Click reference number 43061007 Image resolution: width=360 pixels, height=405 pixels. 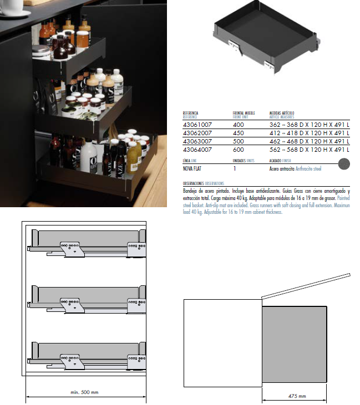click(x=197, y=125)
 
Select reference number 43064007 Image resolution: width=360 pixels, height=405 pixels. click(x=197, y=150)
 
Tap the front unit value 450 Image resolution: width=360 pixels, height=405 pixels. click(x=238, y=133)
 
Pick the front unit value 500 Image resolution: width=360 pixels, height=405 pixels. click(x=238, y=141)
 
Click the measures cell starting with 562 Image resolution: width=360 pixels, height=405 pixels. click(x=310, y=150)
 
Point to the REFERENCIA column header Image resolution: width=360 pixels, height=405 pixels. click(x=191, y=113)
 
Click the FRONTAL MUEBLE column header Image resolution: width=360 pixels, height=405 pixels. click(x=244, y=113)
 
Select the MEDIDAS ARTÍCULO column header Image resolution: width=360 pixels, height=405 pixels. click(x=282, y=113)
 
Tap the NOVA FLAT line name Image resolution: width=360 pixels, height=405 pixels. click(x=192, y=168)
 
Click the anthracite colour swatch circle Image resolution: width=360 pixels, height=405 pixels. click(x=344, y=164)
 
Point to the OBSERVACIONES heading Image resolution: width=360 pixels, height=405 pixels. click(x=193, y=183)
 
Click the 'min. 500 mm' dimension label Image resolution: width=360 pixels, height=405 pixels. click(x=84, y=392)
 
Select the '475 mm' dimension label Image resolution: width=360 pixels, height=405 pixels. click(x=297, y=396)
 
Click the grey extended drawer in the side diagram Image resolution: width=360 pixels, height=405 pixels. click(x=295, y=344)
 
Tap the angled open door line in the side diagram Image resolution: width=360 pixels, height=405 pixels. click(x=306, y=286)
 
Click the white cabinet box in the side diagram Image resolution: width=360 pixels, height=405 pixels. click(x=222, y=343)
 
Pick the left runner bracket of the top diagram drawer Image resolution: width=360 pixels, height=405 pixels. click(x=72, y=249)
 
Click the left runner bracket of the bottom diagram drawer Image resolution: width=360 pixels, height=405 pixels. click(x=72, y=362)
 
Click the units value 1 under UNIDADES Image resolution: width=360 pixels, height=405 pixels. click(x=235, y=168)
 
